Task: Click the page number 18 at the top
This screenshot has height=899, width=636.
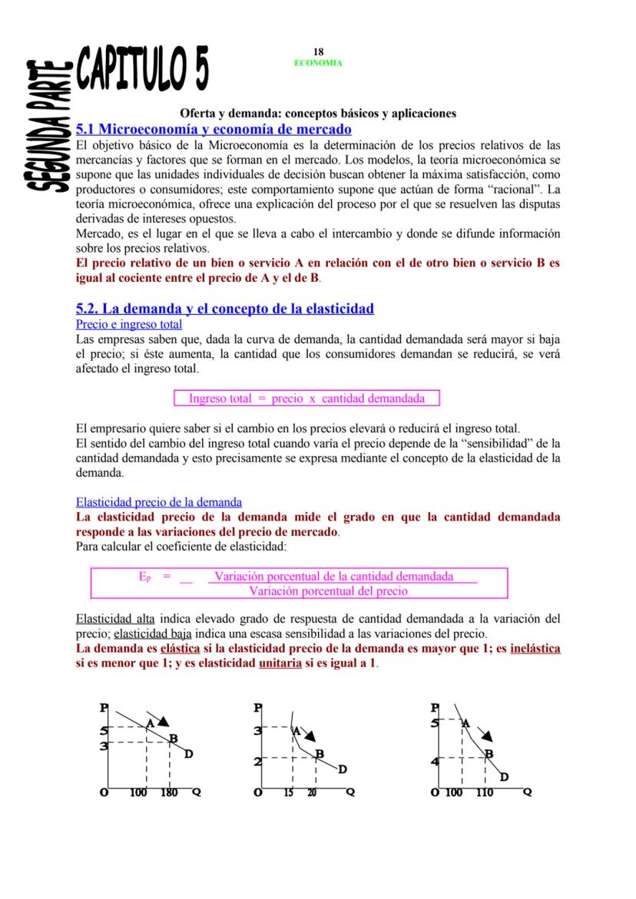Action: (318, 52)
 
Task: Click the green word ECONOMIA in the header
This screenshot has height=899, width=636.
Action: (318, 63)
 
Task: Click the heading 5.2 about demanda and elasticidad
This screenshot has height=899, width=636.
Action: (225, 309)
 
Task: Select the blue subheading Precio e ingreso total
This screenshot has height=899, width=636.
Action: (128, 325)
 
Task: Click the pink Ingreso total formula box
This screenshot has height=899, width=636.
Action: (306, 398)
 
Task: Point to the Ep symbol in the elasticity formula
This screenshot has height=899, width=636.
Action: (144, 576)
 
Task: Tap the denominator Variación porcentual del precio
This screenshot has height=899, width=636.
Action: (329, 591)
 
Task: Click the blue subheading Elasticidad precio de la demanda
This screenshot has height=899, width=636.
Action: (159, 502)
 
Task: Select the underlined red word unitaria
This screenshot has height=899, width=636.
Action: (280, 663)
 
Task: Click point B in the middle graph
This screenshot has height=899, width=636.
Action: (319, 753)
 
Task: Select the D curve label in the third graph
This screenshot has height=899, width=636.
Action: (504, 778)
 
